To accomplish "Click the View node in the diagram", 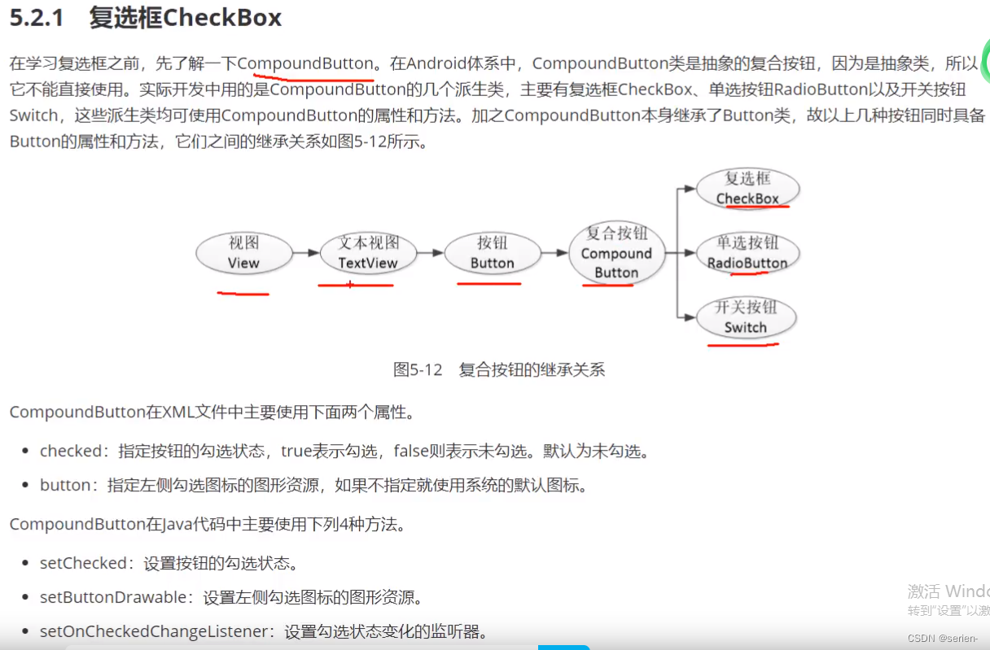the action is pyautogui.click(x=243, y=253).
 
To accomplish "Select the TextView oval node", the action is pyautogui.click(x=368, y=253).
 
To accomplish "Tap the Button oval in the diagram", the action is pyautogui.click(x=492, y=253).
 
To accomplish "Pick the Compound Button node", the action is pyautogui.click(x=616, y=253).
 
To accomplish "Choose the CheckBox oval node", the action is pyautogui.click(x=747, y=189).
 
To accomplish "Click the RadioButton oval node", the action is pyautogui.click(x=747, y=253).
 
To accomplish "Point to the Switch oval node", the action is pyautogui.click(x=746, y=318).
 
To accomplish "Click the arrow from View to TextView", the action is pyautogui.click(x=306, y=253).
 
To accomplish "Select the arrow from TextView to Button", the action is pyautogui.click(x=431, y=253).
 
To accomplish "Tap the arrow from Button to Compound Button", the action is pyautogui.click(x=554, y=253).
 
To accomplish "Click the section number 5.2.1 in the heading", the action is pyautogui.click(x=37, y=18).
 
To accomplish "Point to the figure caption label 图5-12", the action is pyautogui.click(x=418, y=370).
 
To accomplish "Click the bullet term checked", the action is pyautogui.click(x=72, y=451).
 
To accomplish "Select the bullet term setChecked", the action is pyautogui.click(x=83, y=563).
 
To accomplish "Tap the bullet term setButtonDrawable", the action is pyautogui.click(x=113, y=597).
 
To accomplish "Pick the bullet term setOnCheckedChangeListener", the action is pyautogui.click(x=154, y=631).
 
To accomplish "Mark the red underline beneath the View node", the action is pyautogui.click(x=243, y=293).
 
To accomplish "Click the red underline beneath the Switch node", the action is pyautogui.click(x=742, y=345).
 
